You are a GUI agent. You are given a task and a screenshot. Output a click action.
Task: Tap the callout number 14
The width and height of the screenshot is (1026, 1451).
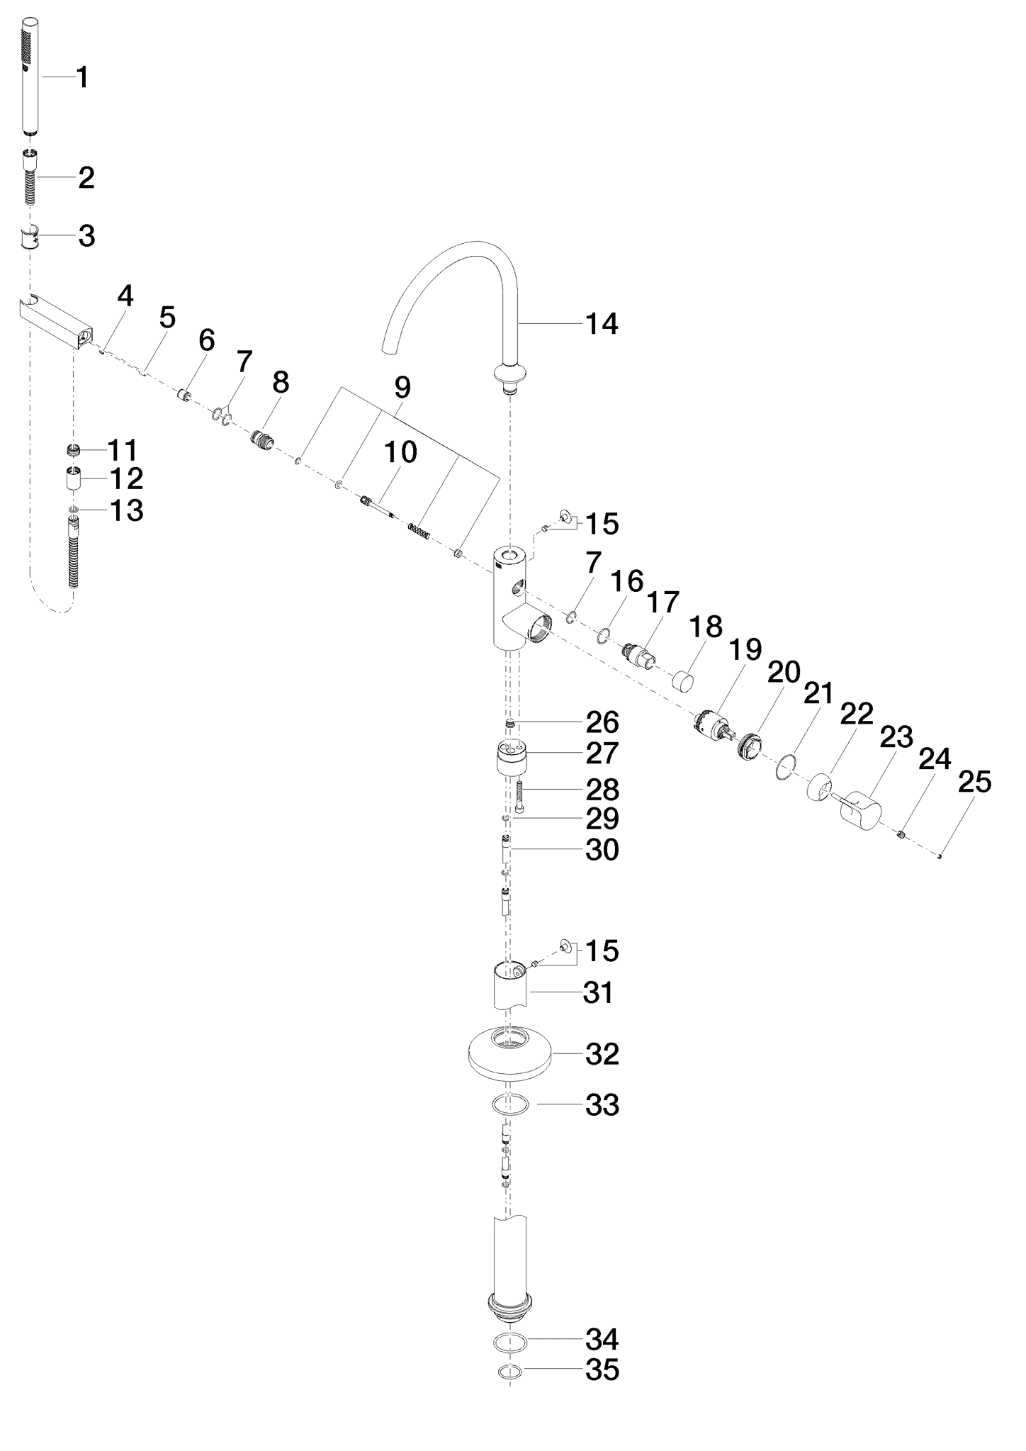click(602, 324)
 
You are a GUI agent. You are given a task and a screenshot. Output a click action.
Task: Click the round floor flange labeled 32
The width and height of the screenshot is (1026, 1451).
click(509, 1055)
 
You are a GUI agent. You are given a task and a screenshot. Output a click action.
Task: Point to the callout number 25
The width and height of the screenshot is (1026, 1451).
click(974, 783)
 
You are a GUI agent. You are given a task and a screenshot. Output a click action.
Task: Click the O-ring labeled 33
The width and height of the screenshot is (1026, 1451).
click(509, 1104)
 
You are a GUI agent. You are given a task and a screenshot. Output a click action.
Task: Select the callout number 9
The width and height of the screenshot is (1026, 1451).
click(402, 388)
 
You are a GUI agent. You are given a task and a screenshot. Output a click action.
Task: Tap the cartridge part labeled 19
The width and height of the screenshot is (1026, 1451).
click(711, 726)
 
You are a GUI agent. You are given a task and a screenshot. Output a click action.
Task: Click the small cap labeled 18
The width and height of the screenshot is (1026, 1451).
click(684, 682)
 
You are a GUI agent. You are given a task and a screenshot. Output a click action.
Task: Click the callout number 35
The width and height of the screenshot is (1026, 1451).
click(602, 1370)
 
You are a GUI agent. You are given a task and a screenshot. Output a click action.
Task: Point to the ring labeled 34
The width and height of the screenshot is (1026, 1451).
click(509, 1341)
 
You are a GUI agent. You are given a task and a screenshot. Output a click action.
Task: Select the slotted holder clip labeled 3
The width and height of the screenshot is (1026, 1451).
click(30, 237)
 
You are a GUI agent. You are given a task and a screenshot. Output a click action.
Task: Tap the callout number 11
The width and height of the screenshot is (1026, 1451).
click(123, 451)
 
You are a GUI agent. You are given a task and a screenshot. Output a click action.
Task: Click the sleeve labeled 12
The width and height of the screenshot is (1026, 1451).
click(74, 478)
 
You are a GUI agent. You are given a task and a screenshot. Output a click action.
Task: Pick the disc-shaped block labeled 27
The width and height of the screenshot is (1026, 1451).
click(512, 759)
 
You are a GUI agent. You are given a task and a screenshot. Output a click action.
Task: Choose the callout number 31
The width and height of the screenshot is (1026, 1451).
click(598, 993)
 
